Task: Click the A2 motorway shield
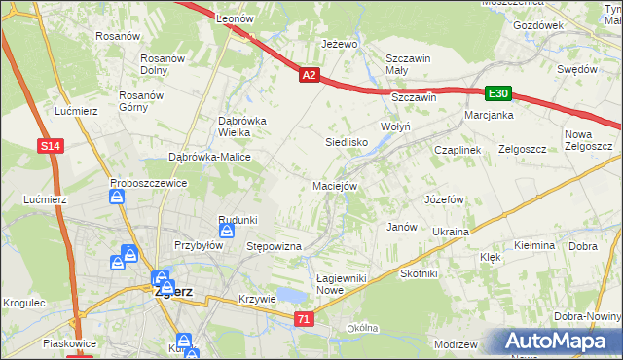(309, 74)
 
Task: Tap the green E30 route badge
(498, 93)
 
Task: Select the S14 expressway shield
(52, 146)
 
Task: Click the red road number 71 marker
(306, 319)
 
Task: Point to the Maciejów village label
(336, 185)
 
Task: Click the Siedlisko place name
(345, 141)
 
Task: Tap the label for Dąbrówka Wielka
(229, 126)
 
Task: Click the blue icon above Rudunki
(227, 231)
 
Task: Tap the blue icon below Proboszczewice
(117, 198)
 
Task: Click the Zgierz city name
(172, 290)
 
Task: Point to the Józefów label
(443, 198)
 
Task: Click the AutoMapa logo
(559, 342)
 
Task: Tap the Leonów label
(235, 18)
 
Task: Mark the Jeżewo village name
(340, 45)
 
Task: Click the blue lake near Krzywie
(291, 295)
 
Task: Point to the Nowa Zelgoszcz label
(587, 140)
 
